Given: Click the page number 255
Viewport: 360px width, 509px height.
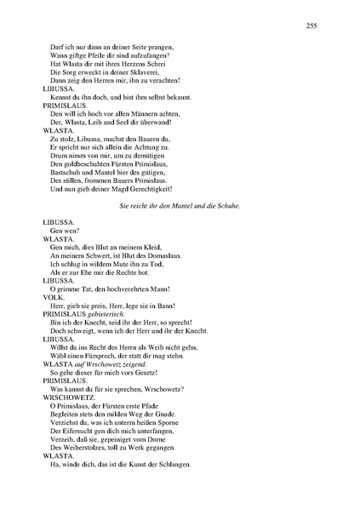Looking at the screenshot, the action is pyautogui.click(x=311, y=26).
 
